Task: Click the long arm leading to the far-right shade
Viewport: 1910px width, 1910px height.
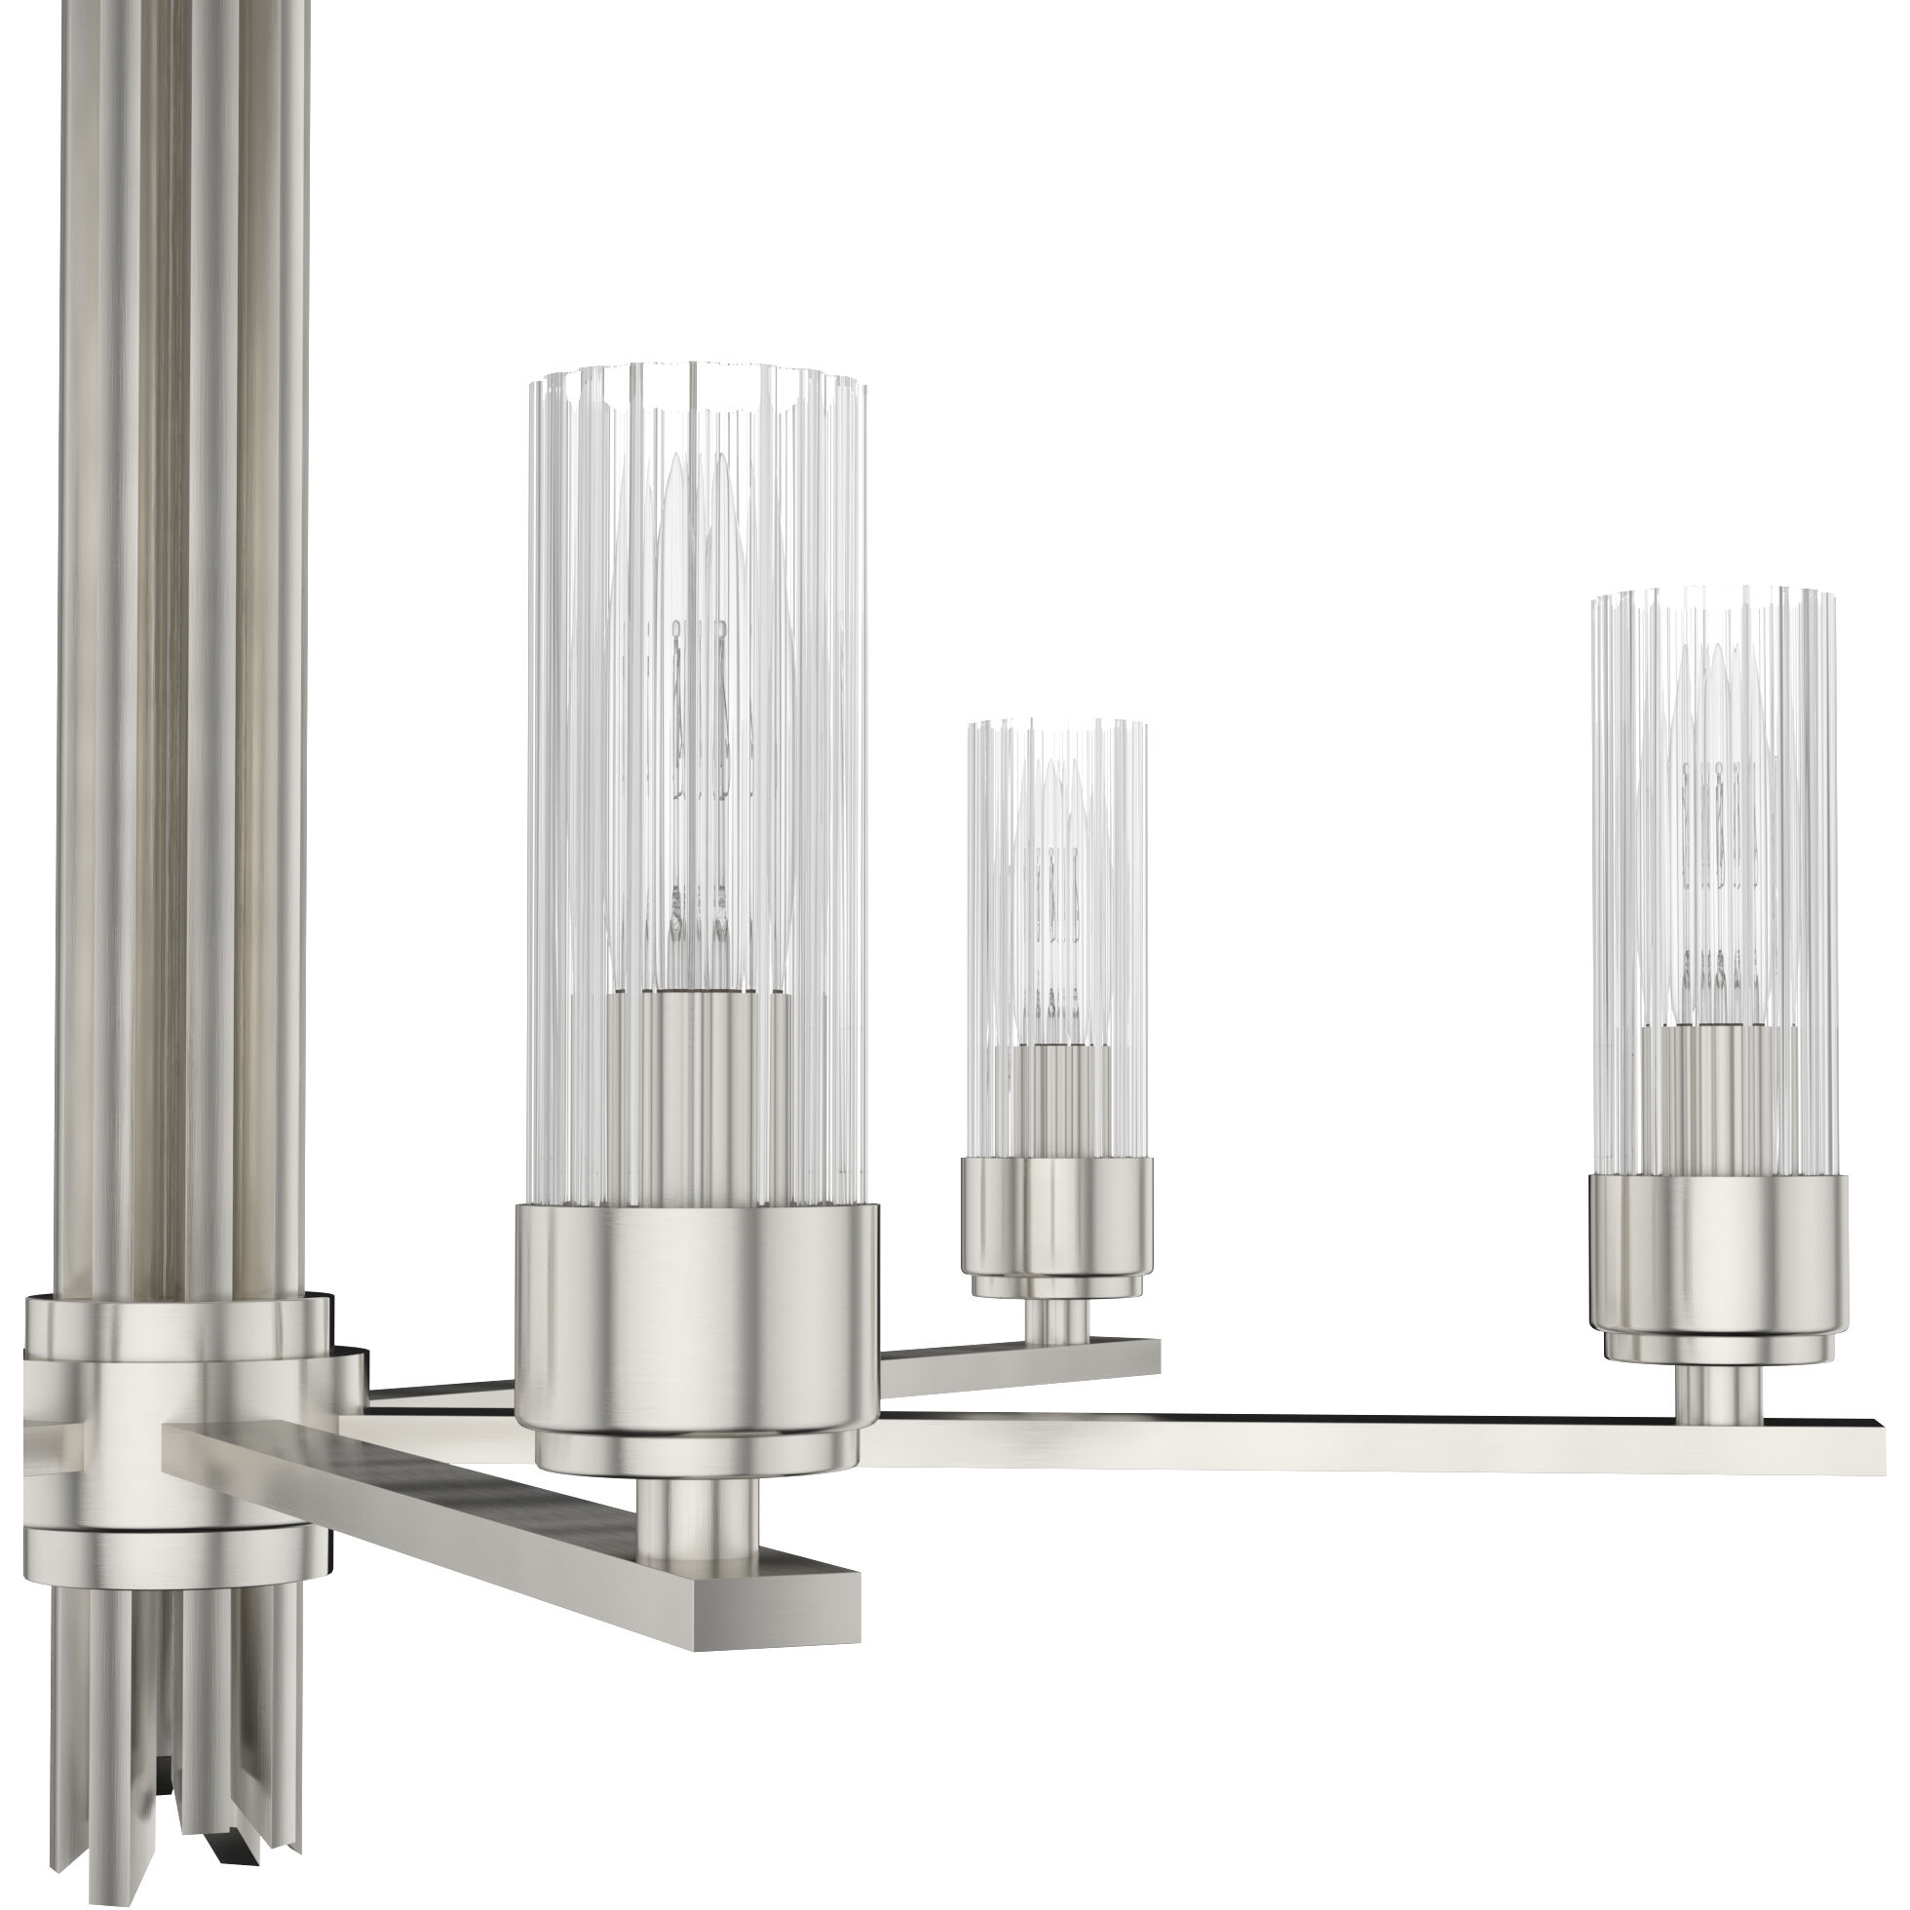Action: (x=1285, y=1443)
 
